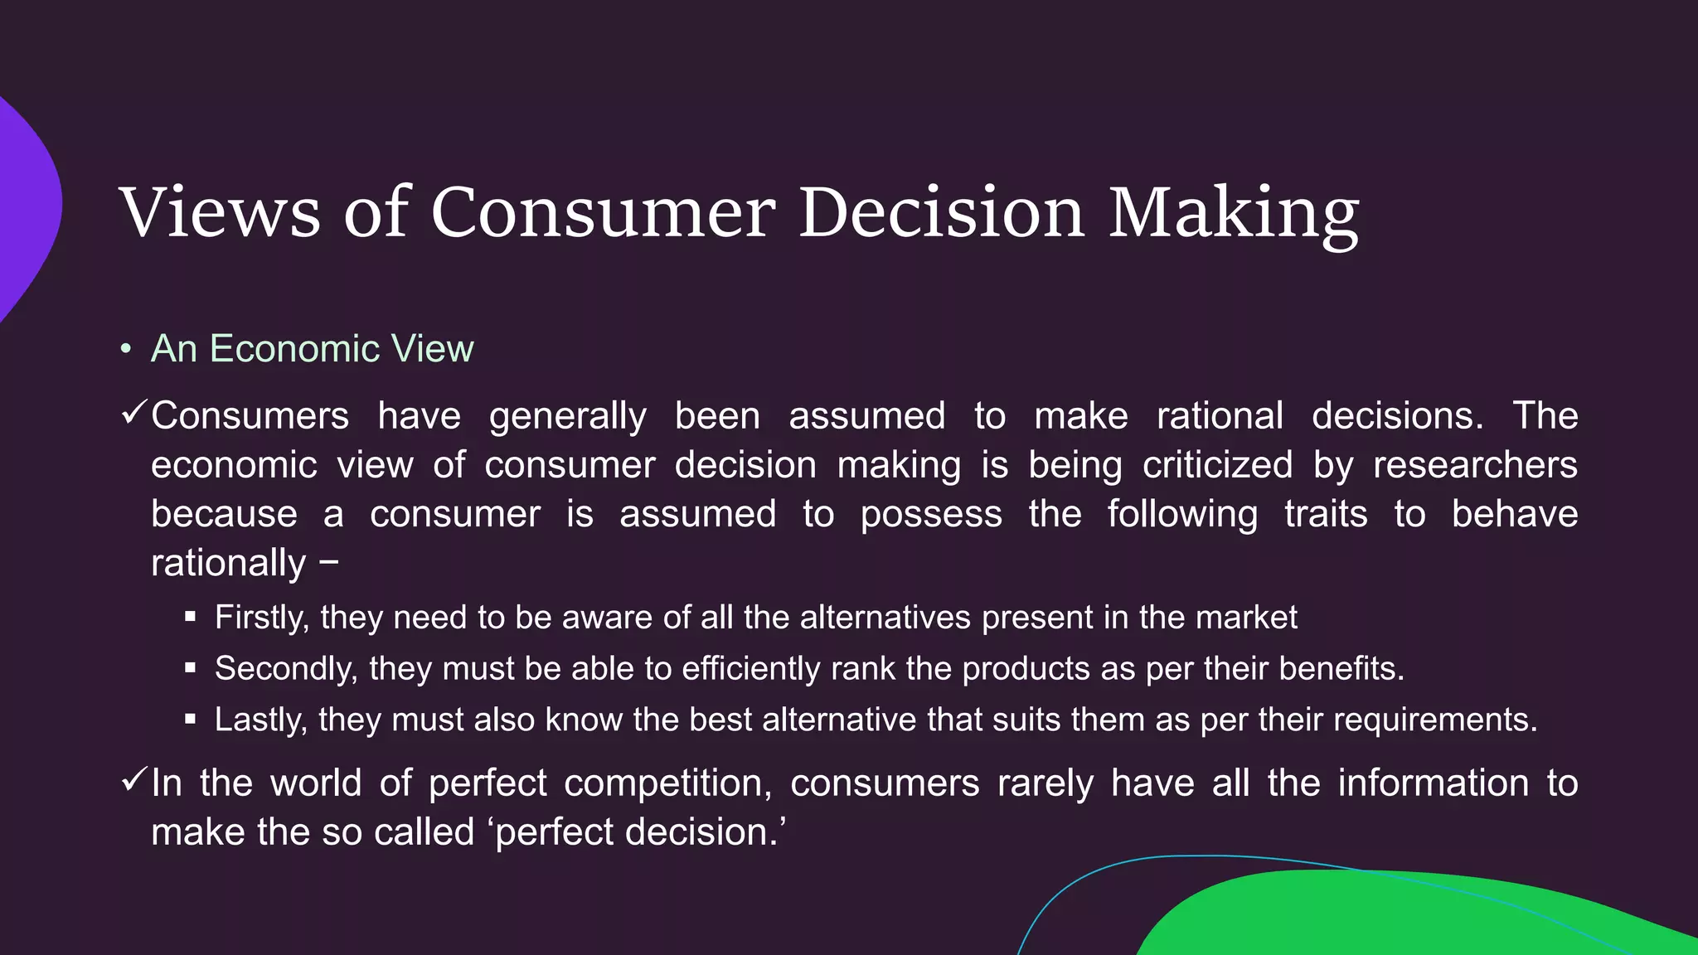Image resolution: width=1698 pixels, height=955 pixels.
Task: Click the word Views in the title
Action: pyautogui.click(x=220, y=213)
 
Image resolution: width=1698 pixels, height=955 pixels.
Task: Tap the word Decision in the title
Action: pyautogui.click(x=941, y=213)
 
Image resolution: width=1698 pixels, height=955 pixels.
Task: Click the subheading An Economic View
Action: pyautogui.click(x=312, y=348)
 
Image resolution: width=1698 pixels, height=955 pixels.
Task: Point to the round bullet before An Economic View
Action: pyautogui.click(x=125, y=349)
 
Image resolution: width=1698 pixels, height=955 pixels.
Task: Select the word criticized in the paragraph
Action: pyautogui.click(x=1217, y=465)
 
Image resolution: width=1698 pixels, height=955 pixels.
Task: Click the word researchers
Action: pyautogui.click(x=1475, y=465)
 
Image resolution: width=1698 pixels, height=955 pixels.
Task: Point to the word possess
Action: pyautogui.click(x=931, y=515)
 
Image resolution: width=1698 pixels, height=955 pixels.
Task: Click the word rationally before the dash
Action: pyautogui.click(x=229, y=564)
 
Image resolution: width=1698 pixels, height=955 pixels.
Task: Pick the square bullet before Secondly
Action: pyautogui.click(x=190, y=668)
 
